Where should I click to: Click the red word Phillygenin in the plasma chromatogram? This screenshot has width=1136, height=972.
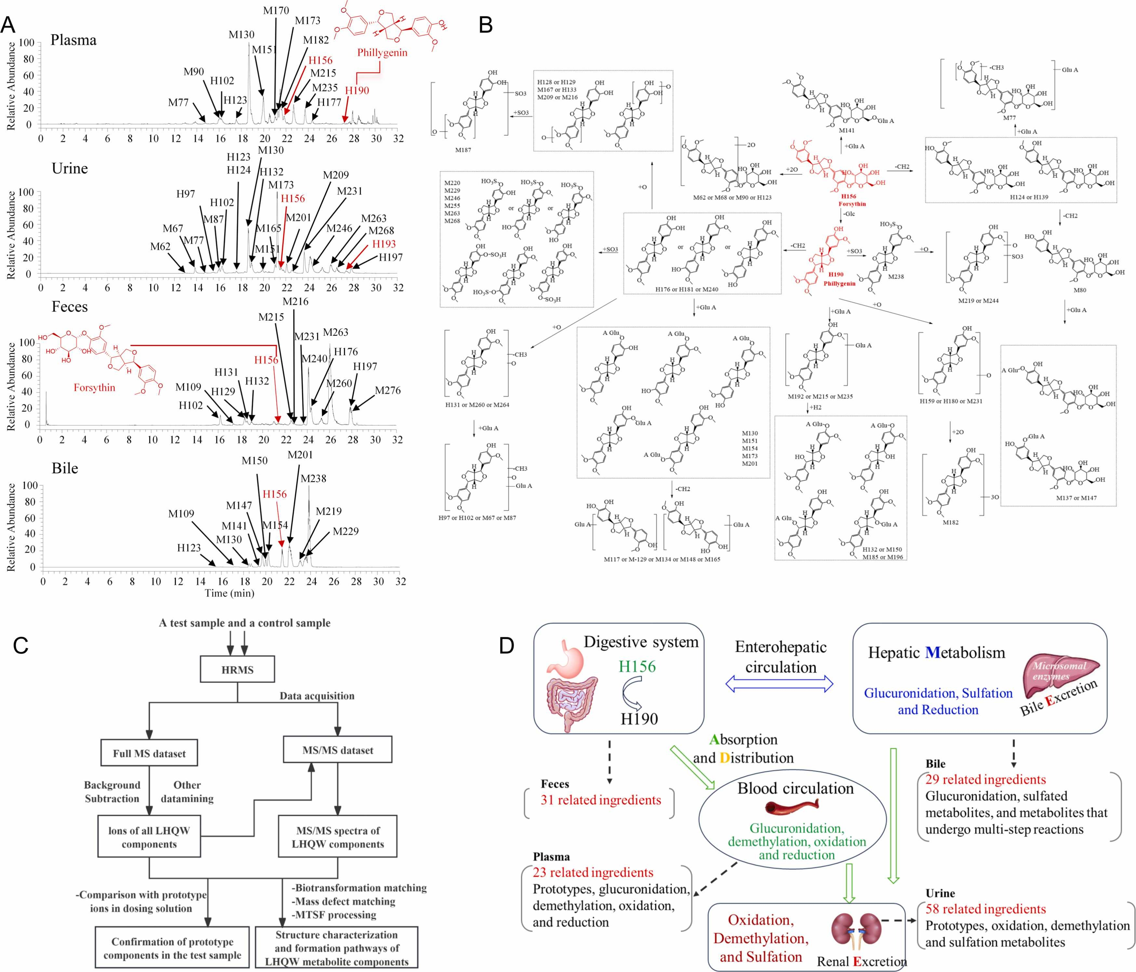pos(382,53)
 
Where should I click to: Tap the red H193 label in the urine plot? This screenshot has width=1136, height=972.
pos(384,244)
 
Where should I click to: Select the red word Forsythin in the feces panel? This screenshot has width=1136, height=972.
pos(94,388)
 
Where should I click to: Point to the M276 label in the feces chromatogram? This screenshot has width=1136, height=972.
pos(388,390)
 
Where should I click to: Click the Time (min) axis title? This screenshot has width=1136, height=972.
pos(229,593)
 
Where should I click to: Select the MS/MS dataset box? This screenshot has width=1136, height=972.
pos(337,750)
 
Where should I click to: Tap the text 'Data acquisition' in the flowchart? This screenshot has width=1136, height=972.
pos(317,696)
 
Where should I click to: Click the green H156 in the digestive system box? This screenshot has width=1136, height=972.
pos(637,666)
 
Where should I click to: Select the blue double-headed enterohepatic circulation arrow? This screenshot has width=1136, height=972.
pos(779,683)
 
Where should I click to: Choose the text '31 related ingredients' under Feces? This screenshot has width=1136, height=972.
pos(601,800)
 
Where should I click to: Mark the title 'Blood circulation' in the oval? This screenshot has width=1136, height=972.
pos(795,789)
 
